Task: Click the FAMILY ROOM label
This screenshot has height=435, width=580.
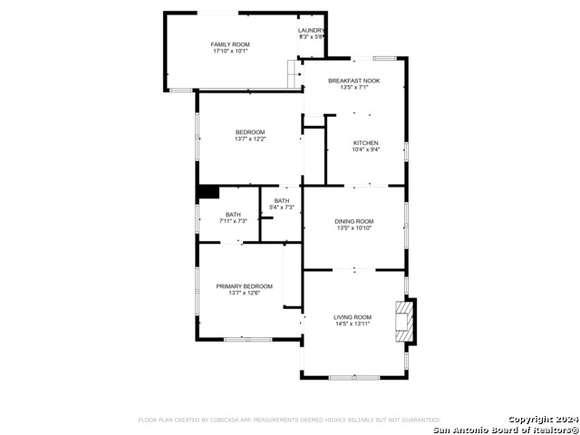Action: [x=230, y=44]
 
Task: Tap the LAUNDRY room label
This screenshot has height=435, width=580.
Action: [x=311, y=30]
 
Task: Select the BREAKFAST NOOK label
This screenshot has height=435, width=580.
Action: [x=353, y=81]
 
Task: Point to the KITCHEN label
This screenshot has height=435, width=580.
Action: [x=365, y=143]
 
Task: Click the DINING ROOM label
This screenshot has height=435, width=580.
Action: [x=353, y=221]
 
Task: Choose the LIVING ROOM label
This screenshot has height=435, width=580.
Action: [x=353, y=317]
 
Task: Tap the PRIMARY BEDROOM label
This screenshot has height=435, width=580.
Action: [x=244, y=286]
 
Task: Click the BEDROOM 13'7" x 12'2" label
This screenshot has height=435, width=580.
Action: [x=249, y=132]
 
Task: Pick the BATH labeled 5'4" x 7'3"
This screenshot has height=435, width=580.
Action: [x=282, y=201]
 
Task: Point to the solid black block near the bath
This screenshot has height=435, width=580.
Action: [x=208, y=191]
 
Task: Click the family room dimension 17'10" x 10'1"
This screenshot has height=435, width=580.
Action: [x=230, y=52]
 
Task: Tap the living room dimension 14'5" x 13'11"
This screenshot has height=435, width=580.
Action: [x=353, y=324]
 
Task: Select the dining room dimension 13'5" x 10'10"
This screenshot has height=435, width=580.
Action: [x=353, y=228]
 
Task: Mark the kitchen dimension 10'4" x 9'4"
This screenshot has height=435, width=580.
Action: [x=365, y=150]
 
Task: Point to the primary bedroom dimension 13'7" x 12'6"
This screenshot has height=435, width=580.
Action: [x=244, y=294]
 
